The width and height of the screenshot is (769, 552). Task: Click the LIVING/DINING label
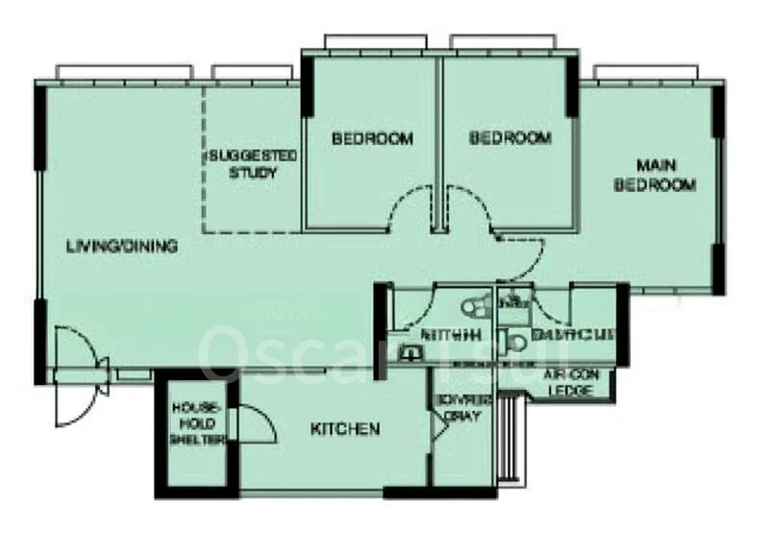122,247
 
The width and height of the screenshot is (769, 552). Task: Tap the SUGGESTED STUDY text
253,164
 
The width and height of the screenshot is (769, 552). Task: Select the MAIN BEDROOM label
655,176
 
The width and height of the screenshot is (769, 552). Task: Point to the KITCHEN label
345,429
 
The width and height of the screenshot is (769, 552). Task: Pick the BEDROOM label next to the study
372,139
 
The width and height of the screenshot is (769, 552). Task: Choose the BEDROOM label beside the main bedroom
510,138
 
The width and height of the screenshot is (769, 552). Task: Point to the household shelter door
253,423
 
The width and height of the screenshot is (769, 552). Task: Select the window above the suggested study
252,73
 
